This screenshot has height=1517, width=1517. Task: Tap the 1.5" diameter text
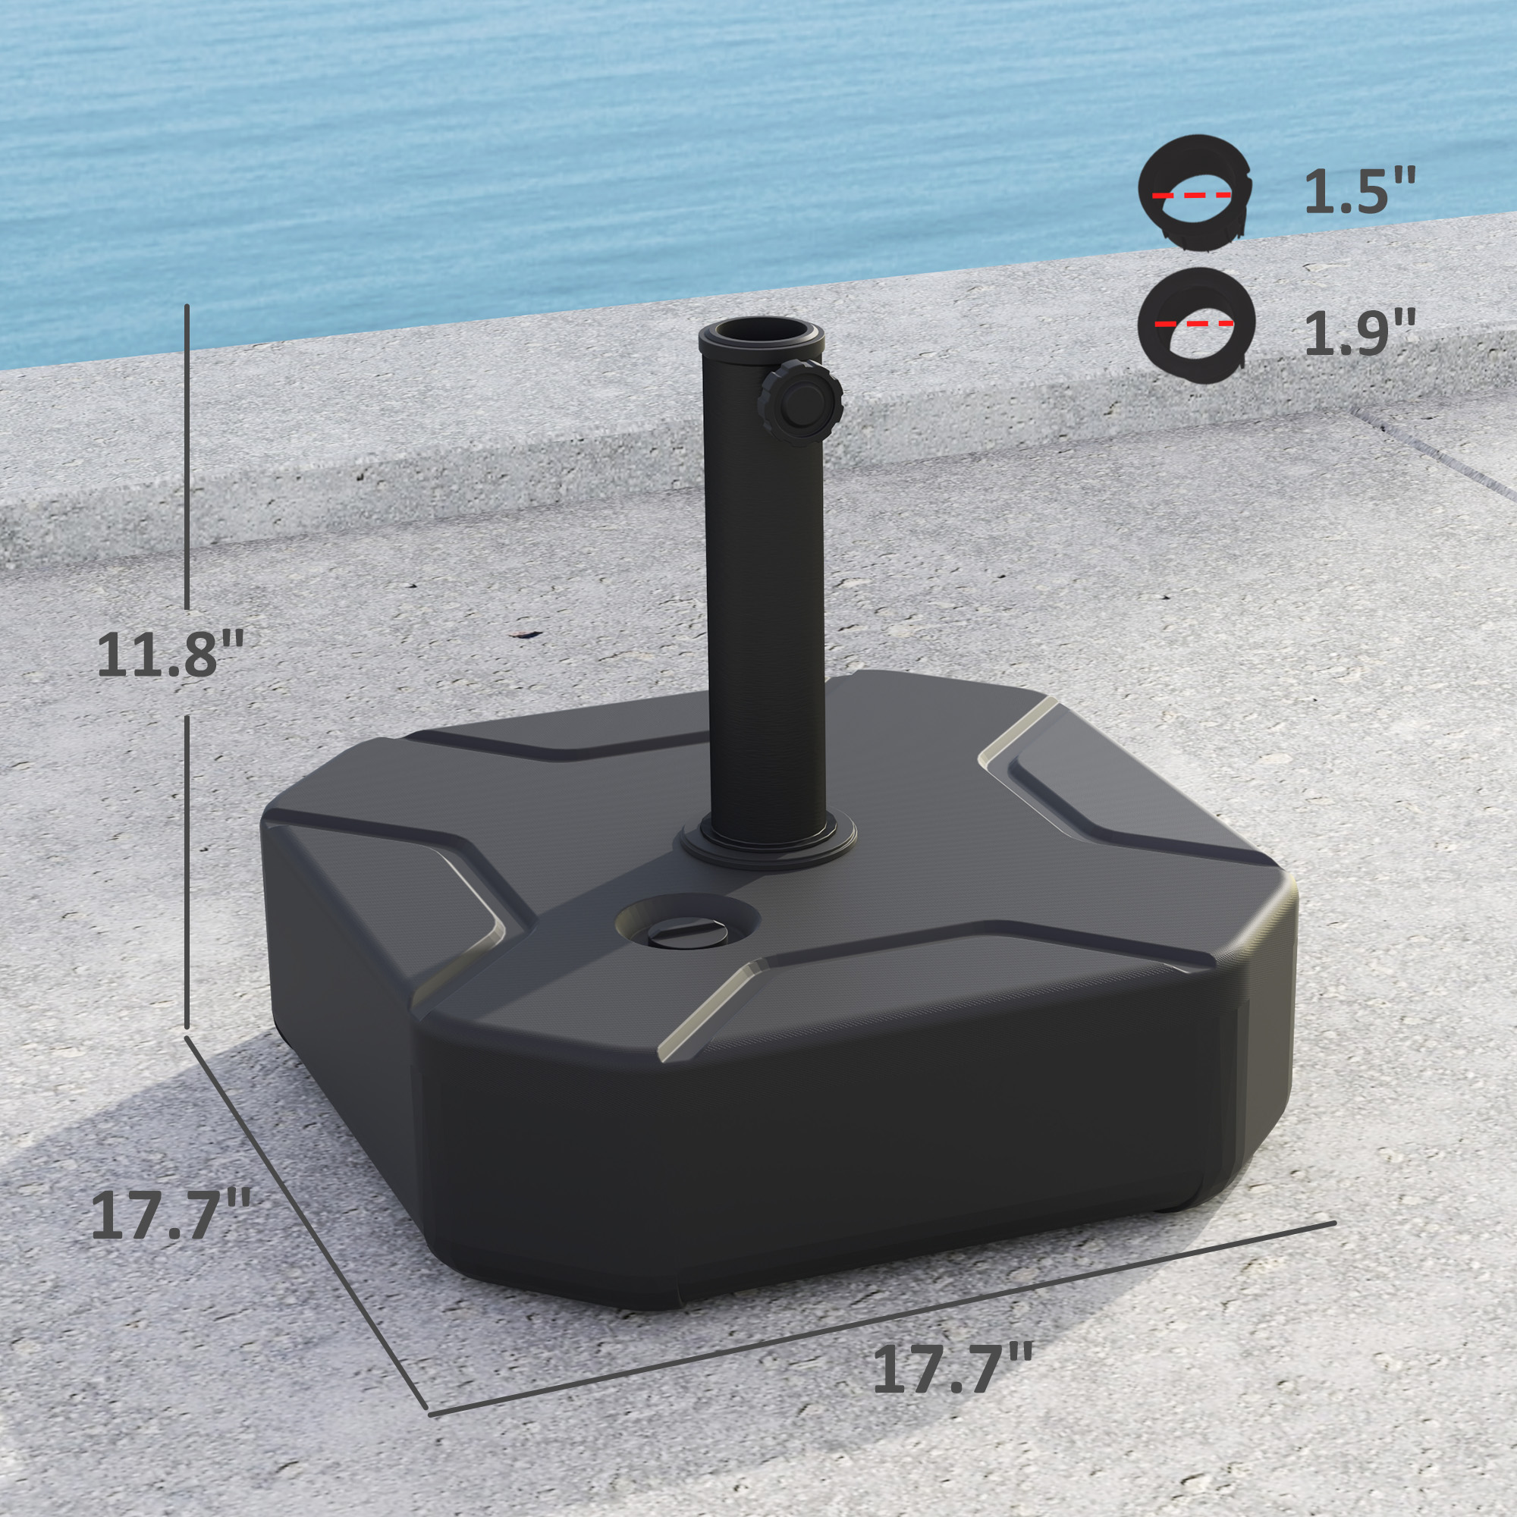(1359, 193)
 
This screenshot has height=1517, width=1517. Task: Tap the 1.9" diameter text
(1359, 334)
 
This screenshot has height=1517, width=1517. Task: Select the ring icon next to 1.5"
(1195, 193)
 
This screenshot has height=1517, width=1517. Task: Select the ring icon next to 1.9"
(1195, 325)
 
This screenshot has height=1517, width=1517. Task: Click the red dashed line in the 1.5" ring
(1192, 195)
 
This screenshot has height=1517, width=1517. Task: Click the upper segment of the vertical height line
(187, 455)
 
